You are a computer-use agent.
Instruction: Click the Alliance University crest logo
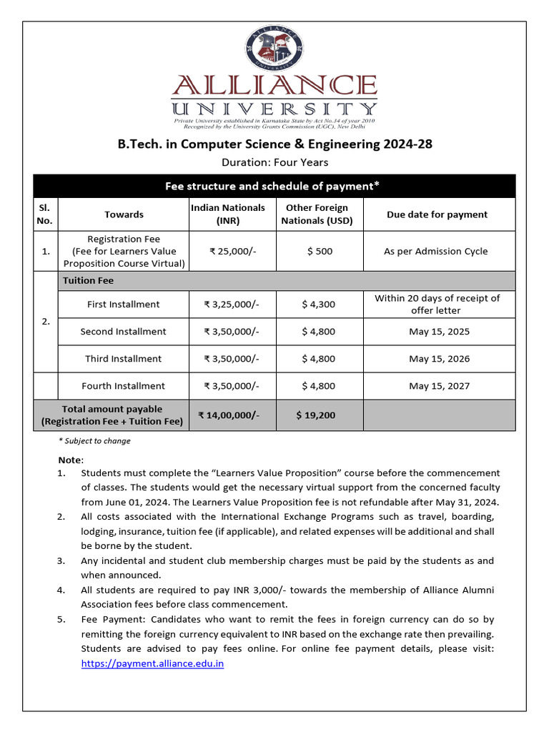point(275,49)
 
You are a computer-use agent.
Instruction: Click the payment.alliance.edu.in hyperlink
point(152,663)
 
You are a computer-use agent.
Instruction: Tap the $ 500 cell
point(317,252)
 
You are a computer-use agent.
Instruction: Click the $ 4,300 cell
point(317,305)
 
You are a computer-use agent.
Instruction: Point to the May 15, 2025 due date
point(439,332)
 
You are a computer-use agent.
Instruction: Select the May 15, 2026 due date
point(439,359)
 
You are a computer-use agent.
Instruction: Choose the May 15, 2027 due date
point(439,386)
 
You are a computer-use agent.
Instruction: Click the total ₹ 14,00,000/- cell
point(228,415)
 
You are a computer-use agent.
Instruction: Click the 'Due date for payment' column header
point(437,214)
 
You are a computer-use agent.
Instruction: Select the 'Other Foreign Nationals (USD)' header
point(317,214)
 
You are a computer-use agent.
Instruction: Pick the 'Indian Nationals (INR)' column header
point(227,214)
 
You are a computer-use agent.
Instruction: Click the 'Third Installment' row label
point(123,359)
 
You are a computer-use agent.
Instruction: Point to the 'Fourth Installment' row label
point(123,386)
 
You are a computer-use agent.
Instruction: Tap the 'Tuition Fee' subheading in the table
point(88,281)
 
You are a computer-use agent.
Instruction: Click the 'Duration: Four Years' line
point(274,162)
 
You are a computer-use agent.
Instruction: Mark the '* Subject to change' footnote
point(94,441)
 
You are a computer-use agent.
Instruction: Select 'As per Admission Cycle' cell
point(435,252)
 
